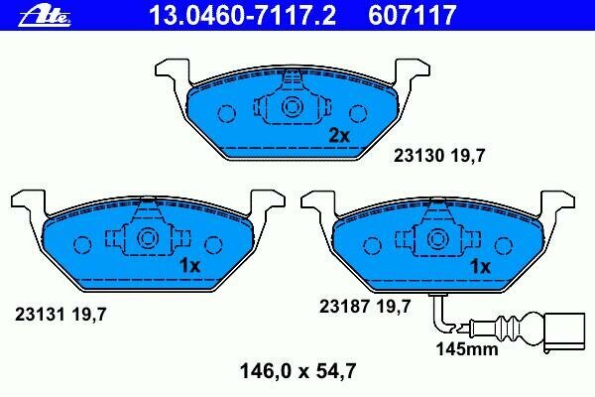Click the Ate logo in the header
point(45,16)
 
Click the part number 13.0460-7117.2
point(242,15)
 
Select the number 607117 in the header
point(412,15)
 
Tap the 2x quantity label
point(339,135)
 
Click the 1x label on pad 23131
point(189,266)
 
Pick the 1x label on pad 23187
point(480,267)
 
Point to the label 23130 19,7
point(439,156)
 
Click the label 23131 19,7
point(60,315)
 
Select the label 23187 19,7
point(365,307)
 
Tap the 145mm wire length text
point(467,349)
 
